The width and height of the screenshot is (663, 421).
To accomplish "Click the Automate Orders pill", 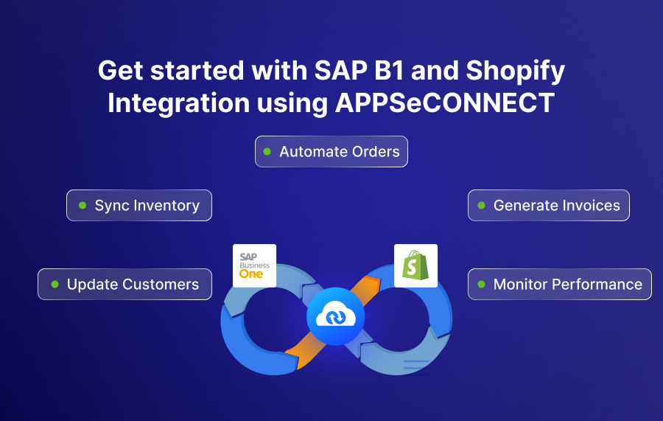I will [331, 152].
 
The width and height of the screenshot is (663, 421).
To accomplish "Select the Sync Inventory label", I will [139, 206].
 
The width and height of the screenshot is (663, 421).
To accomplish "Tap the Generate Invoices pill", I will [549, 206].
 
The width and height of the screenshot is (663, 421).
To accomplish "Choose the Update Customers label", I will [125, 285].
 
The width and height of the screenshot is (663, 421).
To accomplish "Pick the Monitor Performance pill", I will [560, 285].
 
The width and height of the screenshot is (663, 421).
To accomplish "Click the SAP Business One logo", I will [254, 265].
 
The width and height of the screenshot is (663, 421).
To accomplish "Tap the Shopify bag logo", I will [415, 265].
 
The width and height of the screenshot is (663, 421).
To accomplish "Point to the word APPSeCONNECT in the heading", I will [445, 103].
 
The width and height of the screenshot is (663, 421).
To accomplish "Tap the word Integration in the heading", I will [178, 103].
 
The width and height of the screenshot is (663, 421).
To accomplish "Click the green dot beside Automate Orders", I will [267, 152].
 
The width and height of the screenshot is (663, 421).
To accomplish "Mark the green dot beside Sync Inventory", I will [83, 206].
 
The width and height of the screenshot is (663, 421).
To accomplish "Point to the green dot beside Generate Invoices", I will [482, 206].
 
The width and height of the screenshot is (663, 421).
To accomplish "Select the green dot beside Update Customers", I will [55, 285].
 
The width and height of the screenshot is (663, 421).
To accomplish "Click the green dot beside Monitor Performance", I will [481, 285].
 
